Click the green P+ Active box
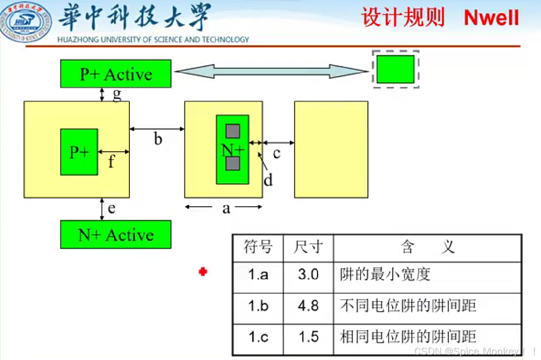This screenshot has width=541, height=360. tap(116, 74)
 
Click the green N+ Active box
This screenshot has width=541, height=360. tap(116, 235)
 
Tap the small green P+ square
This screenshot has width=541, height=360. tap(79, 152)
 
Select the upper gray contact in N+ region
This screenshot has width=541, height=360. tap(233, 131)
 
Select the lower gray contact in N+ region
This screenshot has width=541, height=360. tap(233, 164)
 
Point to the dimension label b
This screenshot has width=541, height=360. tap(158, 139)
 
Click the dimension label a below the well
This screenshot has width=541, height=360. tap(226, 208)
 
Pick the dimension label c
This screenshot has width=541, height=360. tap(276, 153)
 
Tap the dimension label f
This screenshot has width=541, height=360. tap(111, 162)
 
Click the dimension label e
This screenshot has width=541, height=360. tap(112, 208)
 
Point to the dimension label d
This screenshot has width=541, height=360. tap(268, 180)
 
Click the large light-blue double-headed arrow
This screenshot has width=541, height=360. tap(271, 71)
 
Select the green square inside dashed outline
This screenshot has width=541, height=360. tap(395, 69)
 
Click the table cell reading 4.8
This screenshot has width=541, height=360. tap(308, 306)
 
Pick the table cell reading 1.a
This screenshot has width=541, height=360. tap(258, 275)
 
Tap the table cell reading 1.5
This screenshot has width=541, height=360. tap(308, 337)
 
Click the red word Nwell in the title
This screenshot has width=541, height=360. tap(491, 18)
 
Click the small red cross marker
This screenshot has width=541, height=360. tap(203, 272)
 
